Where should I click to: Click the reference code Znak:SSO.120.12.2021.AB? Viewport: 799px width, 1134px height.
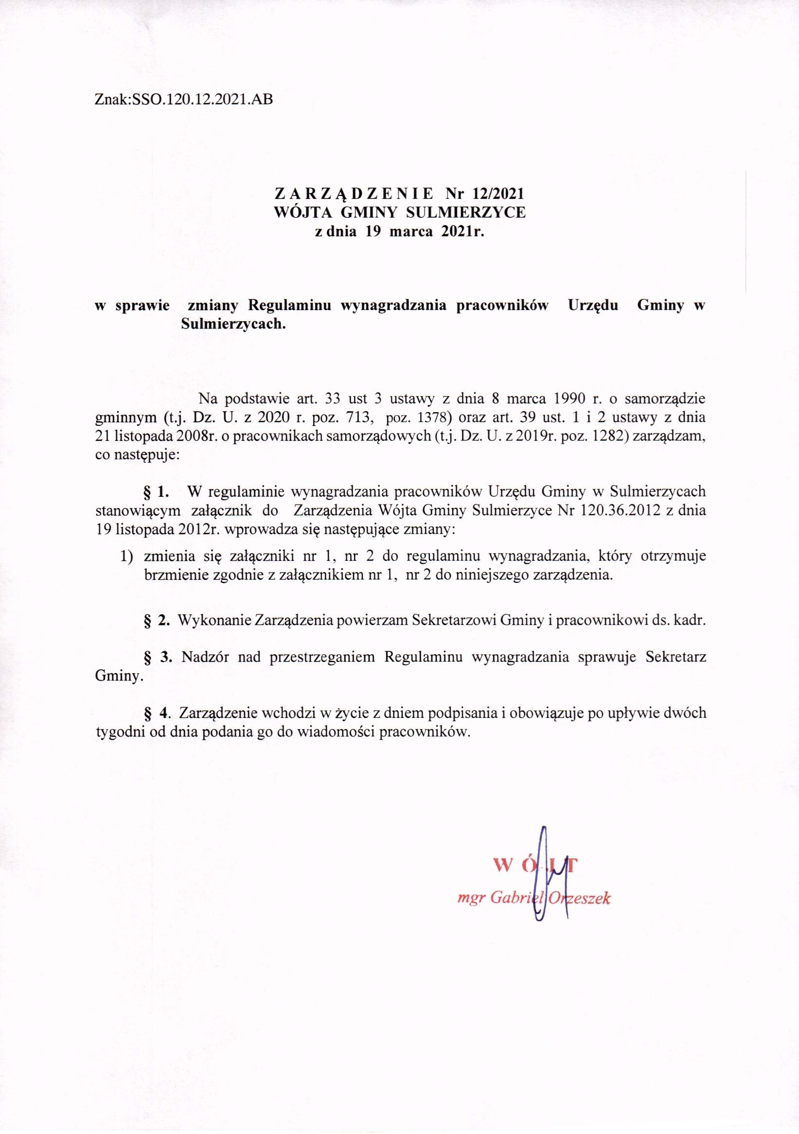click(183, 100)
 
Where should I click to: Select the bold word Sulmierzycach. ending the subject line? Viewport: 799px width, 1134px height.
click(234, 325)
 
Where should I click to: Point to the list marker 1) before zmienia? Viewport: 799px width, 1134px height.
click(127, 557)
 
